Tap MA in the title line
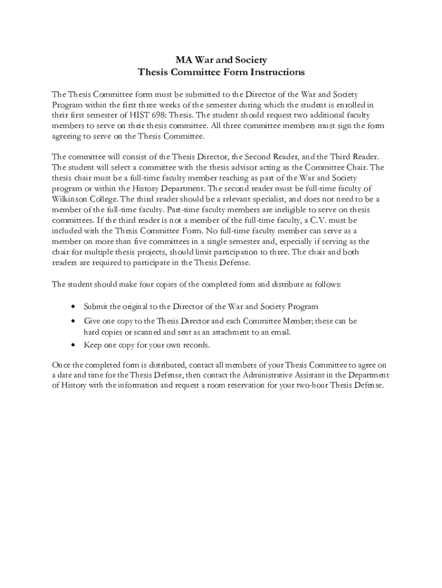(183, 60)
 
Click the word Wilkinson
(71, 199)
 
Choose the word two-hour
(317, 385)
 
